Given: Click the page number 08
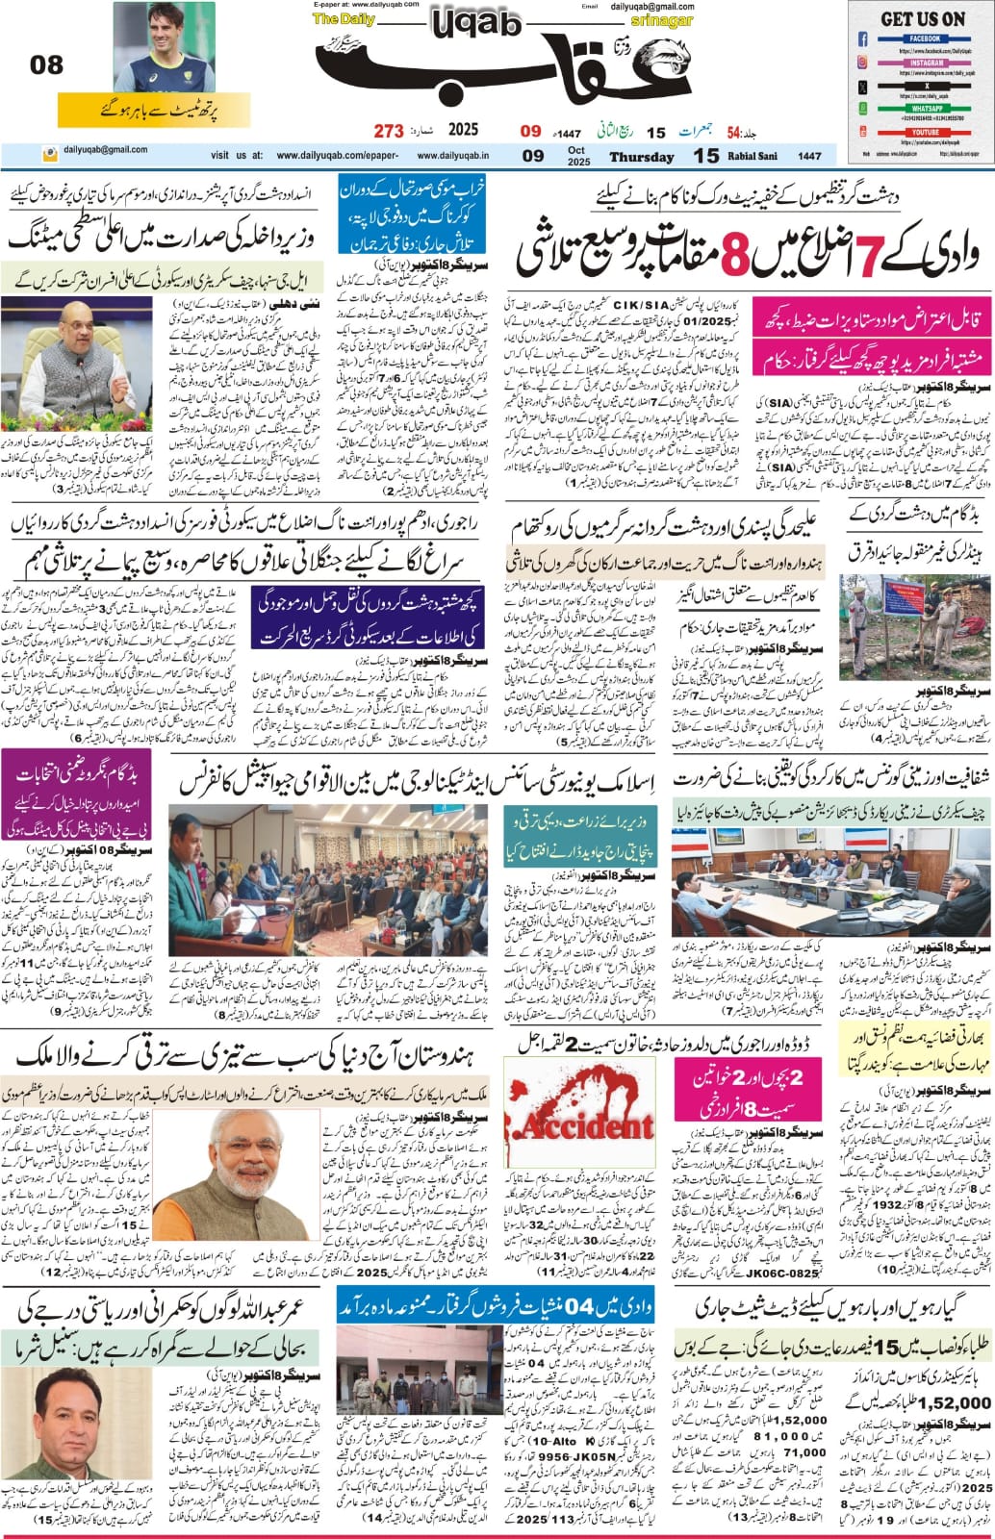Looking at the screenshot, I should point(46,64).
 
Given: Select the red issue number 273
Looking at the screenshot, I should point(388,130).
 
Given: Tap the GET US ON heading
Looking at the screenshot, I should point(922,18).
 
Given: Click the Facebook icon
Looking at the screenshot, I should point(863,39).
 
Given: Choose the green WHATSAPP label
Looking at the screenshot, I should point(921,110).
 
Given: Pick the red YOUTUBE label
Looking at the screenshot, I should point(921,132).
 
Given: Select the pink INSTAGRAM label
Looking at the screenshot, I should point(921,63).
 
